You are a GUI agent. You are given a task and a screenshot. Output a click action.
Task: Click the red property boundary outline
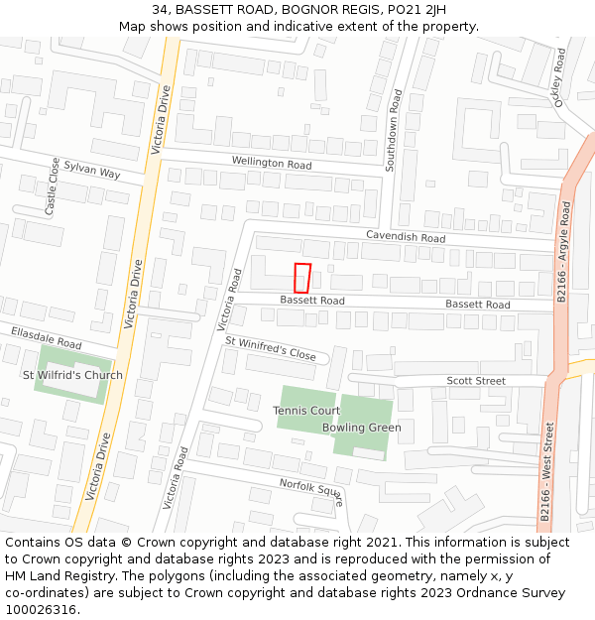coord(302,278)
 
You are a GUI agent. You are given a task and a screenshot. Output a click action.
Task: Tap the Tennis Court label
coord(306,410)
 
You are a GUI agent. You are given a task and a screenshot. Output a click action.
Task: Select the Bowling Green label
coord(361,428)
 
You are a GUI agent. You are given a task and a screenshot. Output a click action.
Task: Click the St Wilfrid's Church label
coord(73,375)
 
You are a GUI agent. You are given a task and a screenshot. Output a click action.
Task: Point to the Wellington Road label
coord(272,163)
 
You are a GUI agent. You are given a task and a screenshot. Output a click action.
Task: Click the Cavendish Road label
coord(406,237)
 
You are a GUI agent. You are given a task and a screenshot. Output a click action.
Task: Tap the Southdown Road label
coord(394,131)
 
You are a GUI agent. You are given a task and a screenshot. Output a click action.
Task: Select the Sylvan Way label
coord(91,172)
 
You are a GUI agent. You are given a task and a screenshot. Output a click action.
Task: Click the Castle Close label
coord(52,186)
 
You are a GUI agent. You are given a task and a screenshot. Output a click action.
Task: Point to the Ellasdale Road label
coord(46,336)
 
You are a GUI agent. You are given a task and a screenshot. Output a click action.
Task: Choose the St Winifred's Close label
coord(270,348)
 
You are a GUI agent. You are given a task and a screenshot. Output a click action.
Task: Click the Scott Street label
coord(475,381)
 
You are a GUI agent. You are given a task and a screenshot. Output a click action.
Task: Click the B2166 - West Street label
coord(546,470)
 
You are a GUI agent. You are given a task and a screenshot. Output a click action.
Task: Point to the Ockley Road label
coord(560,76)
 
